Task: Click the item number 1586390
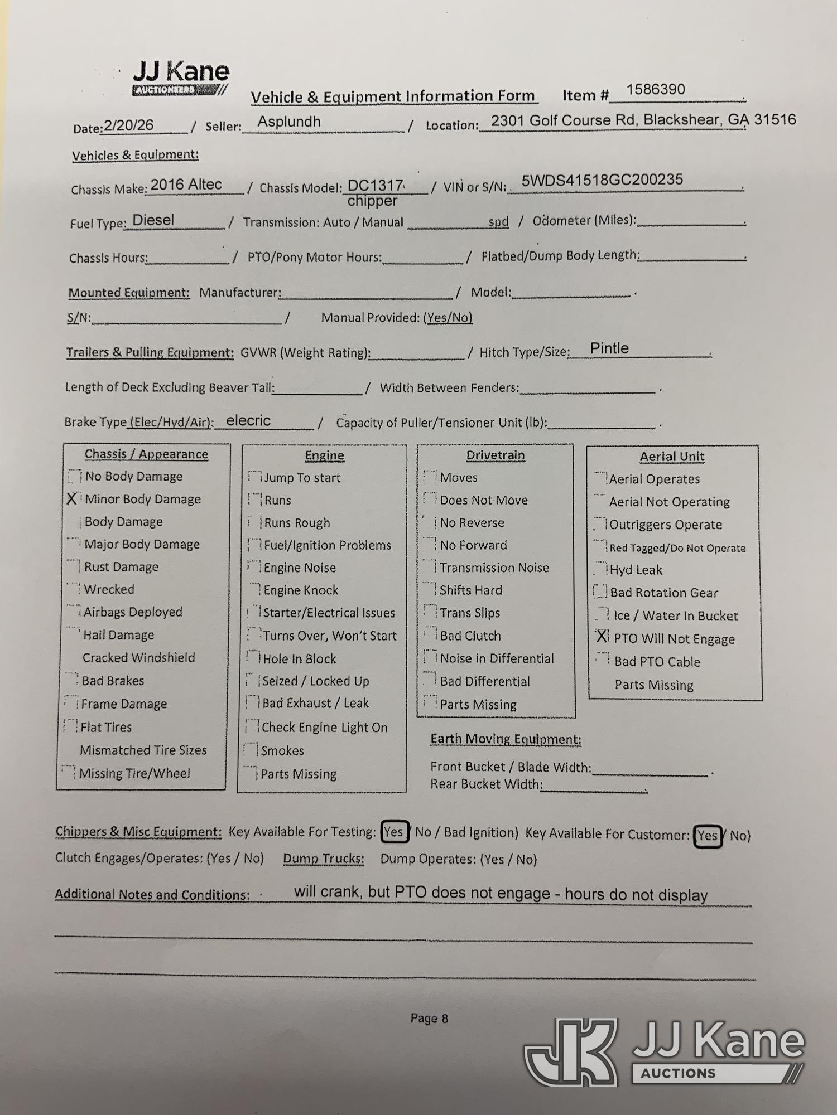(x=655, y=90)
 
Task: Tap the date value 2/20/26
(x=129, y=125)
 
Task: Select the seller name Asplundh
(x=289, y=122)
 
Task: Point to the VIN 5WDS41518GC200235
(x=602, y=180)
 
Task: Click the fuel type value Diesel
(x=153, y=220)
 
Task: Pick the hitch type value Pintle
(x=609, y=348)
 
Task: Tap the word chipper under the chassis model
(x=372, y=201)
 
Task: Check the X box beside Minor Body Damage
(x=72, y=499)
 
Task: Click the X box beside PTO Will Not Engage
(x=602, y=637)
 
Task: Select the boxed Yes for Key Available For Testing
(x=394, y=832)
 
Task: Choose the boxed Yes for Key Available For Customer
(x=708, y=836)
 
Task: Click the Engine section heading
(x=324, y=455)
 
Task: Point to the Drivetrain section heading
(x=496, y=455)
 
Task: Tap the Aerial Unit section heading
(x=672, y=457)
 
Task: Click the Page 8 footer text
(x=429, y=1019)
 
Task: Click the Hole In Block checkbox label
(x=300, y=659)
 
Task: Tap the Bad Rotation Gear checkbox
(x=600, y=592)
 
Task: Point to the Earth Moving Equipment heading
(x=506, y=739)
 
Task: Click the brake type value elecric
(x=248, y=421)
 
